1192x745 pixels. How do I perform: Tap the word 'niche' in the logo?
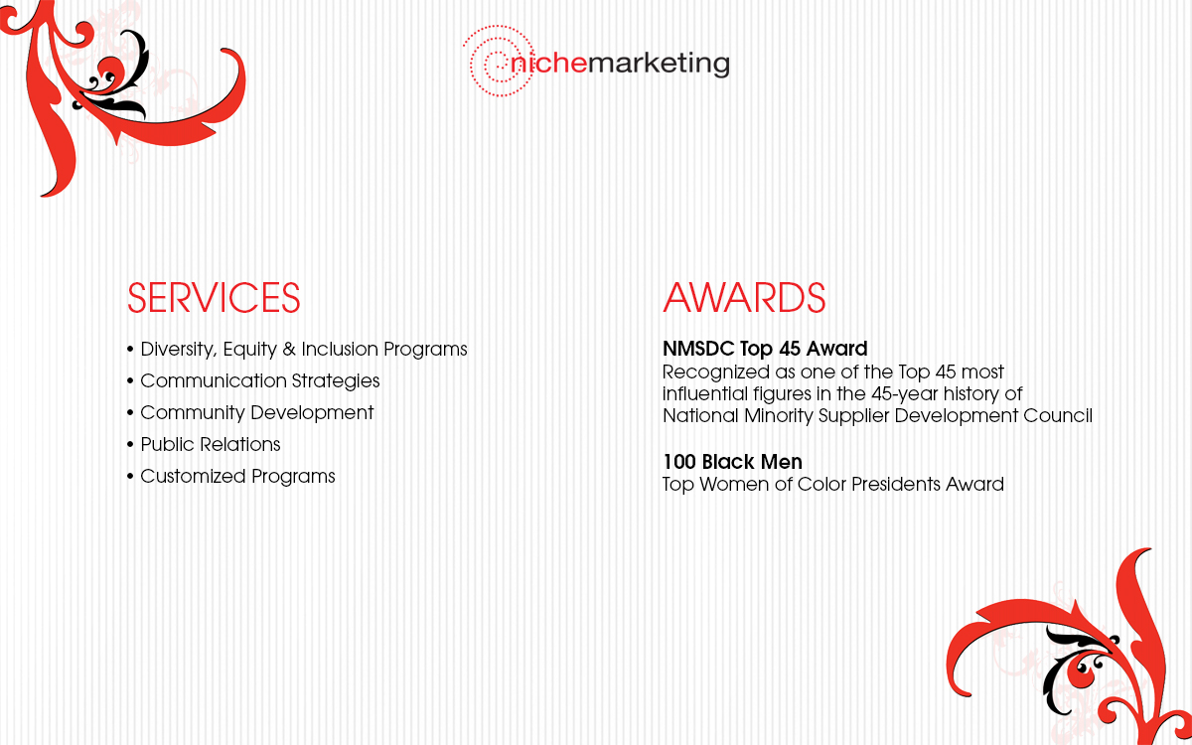[x=548, y=63]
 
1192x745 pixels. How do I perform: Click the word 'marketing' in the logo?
[x=659, y=65]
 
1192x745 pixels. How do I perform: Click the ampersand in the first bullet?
[x=289, y=349]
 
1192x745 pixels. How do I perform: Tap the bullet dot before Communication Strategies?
[x=130, y=381]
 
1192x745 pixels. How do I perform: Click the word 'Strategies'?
[x=336, y=381]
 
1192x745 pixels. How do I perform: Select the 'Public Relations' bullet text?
[x=211, y=444]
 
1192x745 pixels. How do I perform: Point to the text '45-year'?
[x=905, y=394]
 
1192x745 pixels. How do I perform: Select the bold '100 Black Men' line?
[x=732, y=462]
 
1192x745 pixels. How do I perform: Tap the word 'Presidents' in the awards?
[x=896, y=485]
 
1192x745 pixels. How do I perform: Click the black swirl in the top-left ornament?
[x=120, y=79]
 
